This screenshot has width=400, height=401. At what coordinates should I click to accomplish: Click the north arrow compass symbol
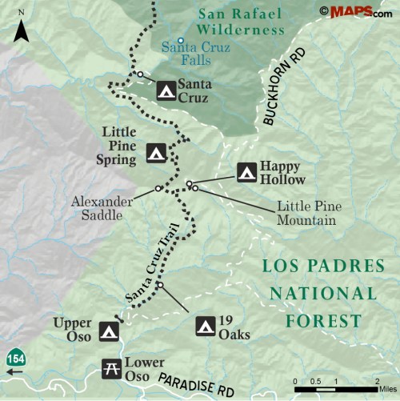click(x=22, y=30)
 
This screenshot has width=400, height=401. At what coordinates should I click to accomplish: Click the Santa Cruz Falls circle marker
click(x=182, y=41)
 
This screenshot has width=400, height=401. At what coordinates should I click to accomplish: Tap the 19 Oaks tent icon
click(x=205, y=326)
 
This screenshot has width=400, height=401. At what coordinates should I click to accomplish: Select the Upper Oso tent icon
click(x=109, y=331)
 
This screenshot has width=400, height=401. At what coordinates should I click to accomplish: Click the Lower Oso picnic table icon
click(x=110, y=368)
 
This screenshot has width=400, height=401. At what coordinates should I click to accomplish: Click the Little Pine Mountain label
click(x=306, y=212)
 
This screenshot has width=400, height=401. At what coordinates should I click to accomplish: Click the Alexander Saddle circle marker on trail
click(x=158, y=189)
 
